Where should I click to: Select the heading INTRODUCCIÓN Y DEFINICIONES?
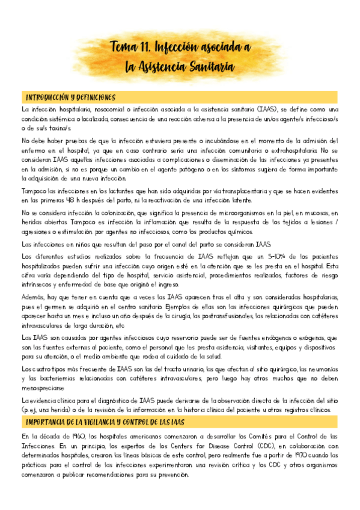[70, 97]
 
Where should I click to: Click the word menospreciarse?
[46, 387]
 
